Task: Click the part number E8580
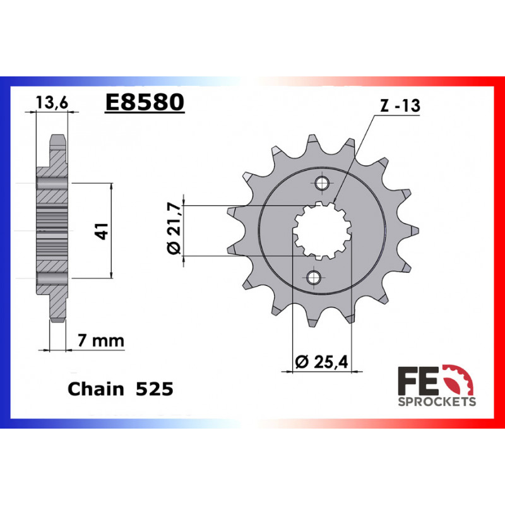(145, 102)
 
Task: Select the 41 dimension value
(99, 230)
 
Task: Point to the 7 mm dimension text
(100, 342)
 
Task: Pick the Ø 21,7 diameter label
(175, 230)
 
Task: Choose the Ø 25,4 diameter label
(323, 362)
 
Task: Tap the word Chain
(96, 389)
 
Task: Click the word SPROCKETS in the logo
(436, 401)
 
